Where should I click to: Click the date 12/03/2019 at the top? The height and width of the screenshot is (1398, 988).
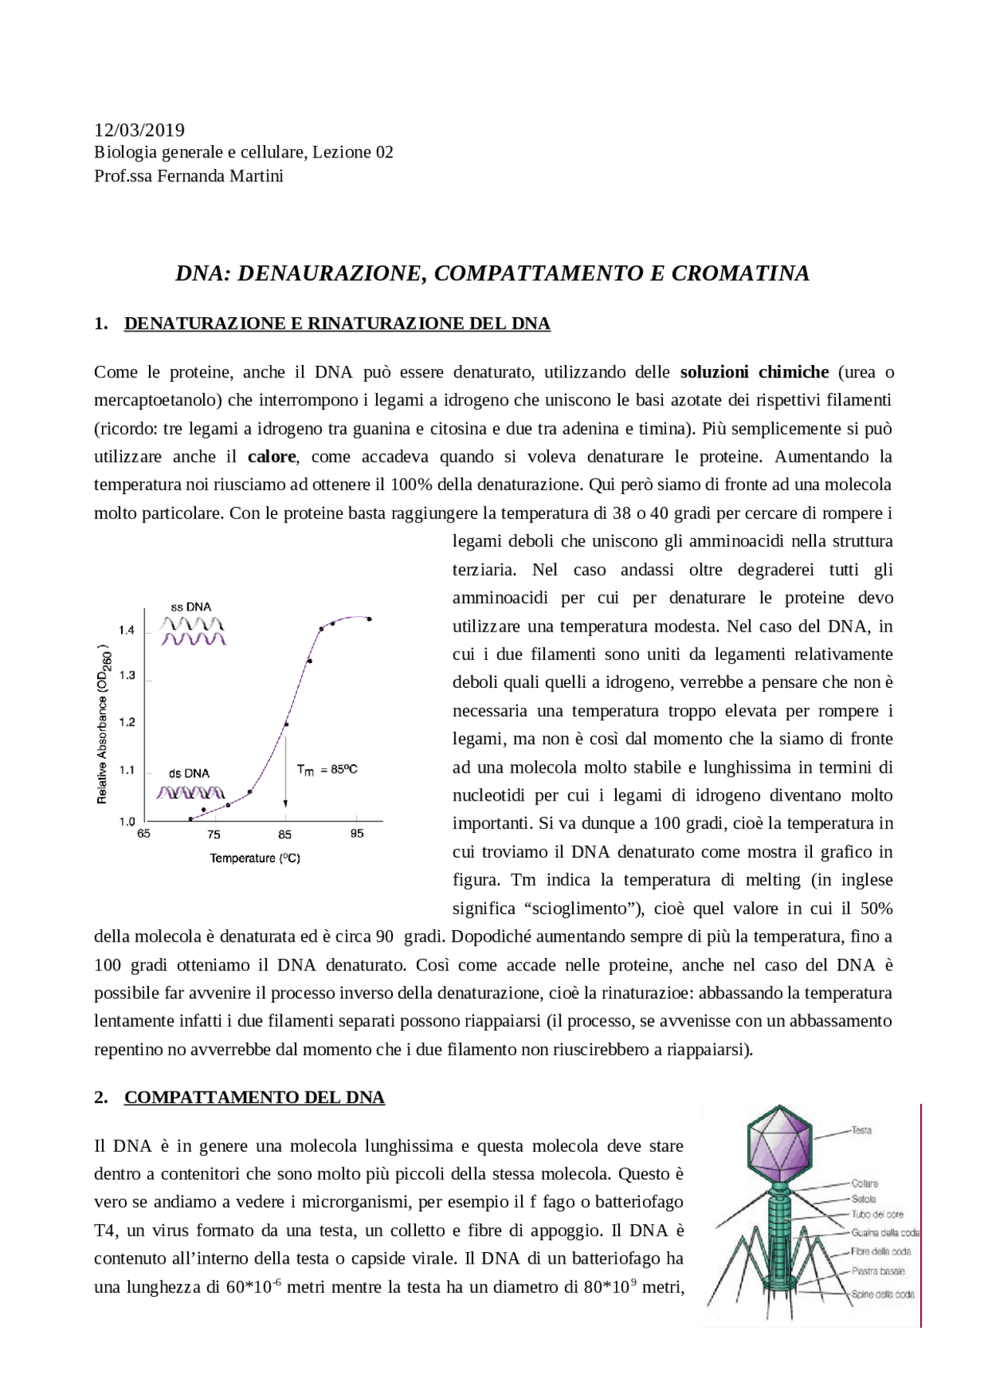click(139, 130)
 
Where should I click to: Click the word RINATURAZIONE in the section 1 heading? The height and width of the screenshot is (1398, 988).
click(385, 323)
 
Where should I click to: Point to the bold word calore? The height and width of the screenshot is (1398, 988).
click(272, 456)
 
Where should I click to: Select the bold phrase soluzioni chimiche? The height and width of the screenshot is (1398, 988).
click(754, 372)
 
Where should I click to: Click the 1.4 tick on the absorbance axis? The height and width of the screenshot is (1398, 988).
click(127, 630)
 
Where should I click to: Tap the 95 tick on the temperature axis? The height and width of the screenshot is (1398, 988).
click(357, 834)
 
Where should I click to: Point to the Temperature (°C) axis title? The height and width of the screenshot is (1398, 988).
click(255, 858)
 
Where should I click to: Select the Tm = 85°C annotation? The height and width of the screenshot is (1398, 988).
click(327, 770)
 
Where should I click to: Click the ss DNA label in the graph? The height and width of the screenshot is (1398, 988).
click(191, 607)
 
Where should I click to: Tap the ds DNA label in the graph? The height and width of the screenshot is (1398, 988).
click(189, 773)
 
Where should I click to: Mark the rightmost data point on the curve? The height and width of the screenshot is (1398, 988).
click(369, 619)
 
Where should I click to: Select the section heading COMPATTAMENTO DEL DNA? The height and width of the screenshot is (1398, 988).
click(254, 1097)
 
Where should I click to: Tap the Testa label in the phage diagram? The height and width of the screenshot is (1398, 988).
click(861, 1130)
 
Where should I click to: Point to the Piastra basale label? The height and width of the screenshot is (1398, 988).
click(878, 1271)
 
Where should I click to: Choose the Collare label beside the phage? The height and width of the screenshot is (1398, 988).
click(864, 1183)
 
